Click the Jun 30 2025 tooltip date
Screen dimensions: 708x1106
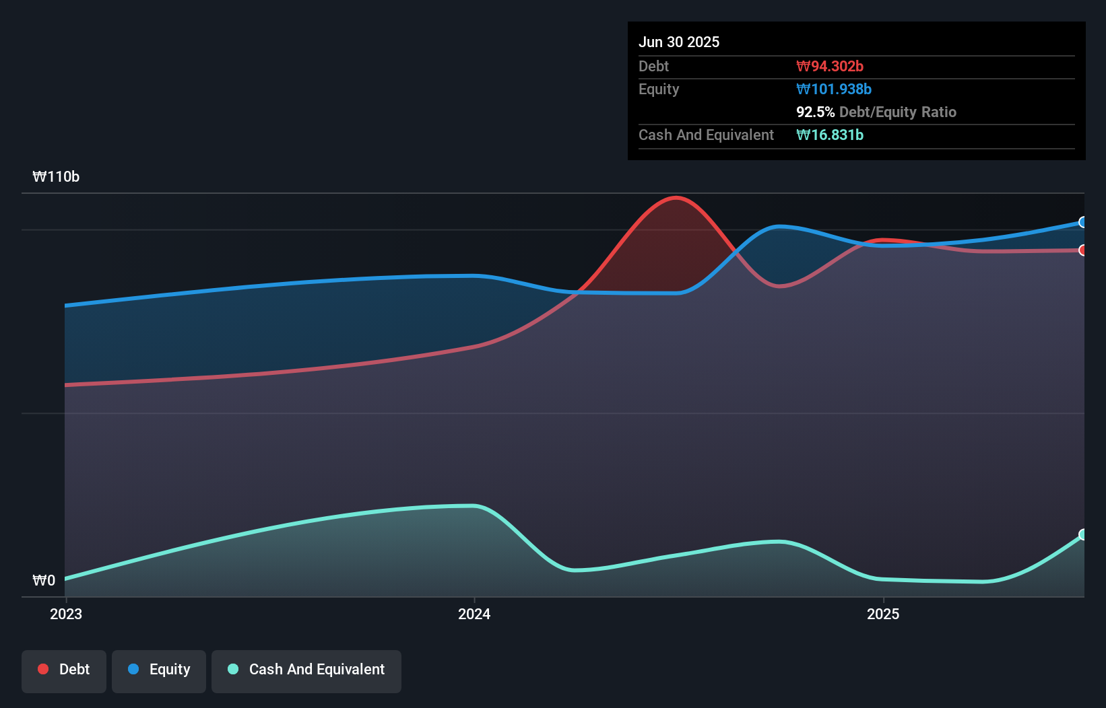click(678, 42)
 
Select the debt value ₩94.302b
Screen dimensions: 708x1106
click(829, 66)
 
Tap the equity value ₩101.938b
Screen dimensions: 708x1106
click(833, 89)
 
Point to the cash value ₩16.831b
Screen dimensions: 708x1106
click(829, 135)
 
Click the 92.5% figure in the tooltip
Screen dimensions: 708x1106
click(815, 112)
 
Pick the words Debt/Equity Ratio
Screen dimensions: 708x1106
click(897, 112)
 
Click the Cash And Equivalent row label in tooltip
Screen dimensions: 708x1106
click(706, 135)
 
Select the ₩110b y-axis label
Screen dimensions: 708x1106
click(56, 176)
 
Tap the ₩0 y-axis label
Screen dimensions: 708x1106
click(44, 580)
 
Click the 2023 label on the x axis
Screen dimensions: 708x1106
click(66, 614)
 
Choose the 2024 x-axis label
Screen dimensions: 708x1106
click(474, 614)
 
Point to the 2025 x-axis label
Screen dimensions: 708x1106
click(883, 614)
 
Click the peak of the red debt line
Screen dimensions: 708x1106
click(676, 198)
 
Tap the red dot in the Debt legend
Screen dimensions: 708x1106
click(43, 669)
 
